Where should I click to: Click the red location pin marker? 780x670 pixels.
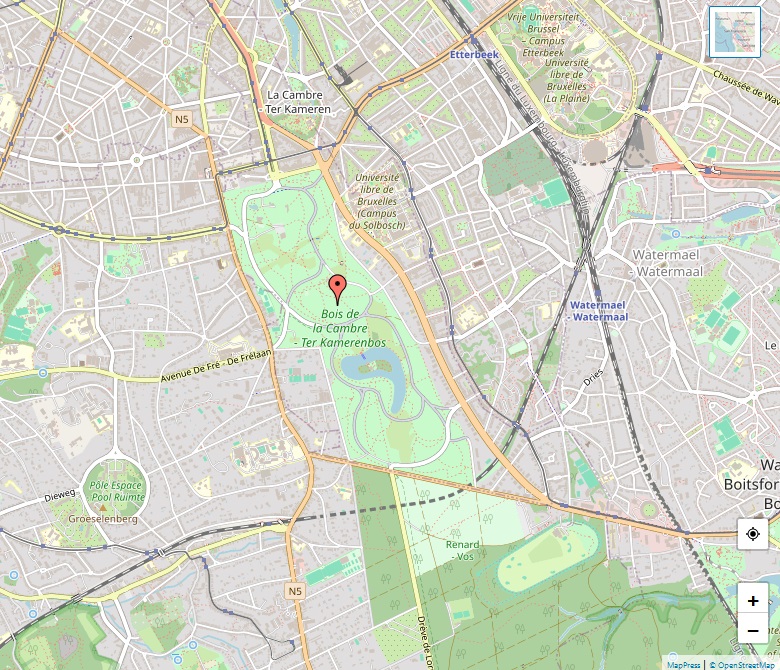click(337, 288)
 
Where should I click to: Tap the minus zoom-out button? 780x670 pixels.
click(753, 630)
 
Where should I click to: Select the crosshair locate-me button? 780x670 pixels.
click(753, 534)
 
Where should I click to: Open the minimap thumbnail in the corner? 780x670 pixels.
click(735, 31)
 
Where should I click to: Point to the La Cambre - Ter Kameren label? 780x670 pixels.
click(298, 102)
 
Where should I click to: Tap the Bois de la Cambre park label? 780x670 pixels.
click(341, 329)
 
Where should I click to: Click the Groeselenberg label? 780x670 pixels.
click(101, 519)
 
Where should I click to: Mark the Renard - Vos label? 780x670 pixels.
click(463, 550)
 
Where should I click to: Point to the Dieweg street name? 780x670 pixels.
click(59, 494)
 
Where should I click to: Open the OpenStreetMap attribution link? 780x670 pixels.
click(744, 664)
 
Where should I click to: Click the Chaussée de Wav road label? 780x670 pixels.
click(745, 87)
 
